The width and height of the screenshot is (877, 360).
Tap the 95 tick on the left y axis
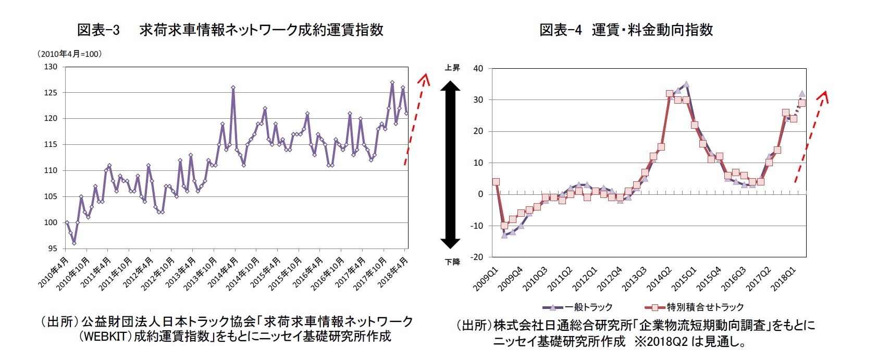point(52,249)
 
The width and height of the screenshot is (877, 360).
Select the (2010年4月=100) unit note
point(69,54)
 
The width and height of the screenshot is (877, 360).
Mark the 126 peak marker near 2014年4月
point(233,88)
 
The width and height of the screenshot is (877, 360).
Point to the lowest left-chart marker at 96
point(74,243)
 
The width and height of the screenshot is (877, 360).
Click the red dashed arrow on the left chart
point(415,120)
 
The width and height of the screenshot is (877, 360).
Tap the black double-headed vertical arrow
point(450,165)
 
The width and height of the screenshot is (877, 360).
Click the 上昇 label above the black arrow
point(452,68)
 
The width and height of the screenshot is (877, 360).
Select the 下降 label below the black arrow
point(452,262)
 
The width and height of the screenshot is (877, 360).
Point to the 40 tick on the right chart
point(478,68)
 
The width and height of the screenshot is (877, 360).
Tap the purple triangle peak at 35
point(686,84)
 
